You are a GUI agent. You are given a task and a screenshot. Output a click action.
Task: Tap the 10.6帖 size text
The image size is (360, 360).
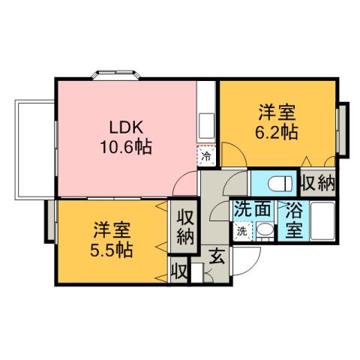coord(126,147)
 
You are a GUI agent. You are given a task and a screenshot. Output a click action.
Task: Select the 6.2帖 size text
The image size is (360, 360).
coord(277,132)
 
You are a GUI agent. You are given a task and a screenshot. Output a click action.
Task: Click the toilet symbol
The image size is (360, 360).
coord(274,183)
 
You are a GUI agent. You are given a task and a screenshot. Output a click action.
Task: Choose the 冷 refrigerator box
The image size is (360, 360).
coord(205,157)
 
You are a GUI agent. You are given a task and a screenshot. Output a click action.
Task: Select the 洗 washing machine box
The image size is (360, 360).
coord(242,231)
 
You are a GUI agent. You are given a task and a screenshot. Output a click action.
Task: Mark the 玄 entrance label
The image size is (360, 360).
coord(216,255)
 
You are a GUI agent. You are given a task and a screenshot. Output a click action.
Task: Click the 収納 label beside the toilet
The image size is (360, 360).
coord(317,182)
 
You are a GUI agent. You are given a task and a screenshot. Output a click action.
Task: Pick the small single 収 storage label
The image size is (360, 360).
coord(178,269)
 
